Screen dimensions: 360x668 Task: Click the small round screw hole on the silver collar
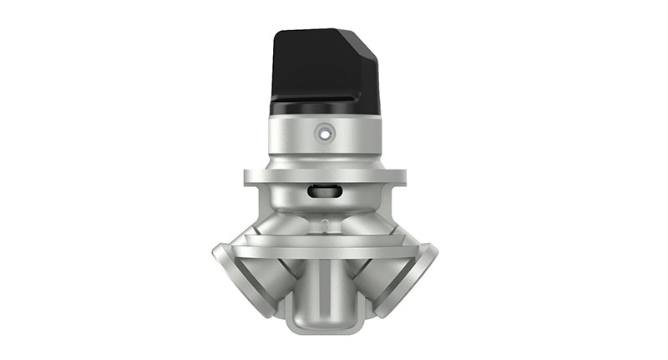(323, 132)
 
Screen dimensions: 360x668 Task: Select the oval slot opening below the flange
(323, 191)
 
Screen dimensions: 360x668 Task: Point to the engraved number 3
(323, 223)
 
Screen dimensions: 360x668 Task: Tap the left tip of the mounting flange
(248, 177)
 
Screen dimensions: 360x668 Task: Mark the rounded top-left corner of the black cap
(278, 34)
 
